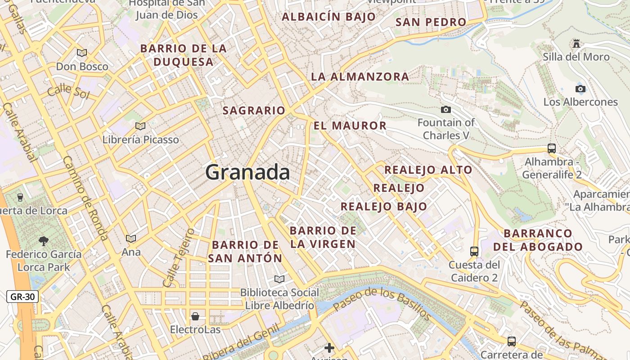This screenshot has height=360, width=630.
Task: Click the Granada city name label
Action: [247, 172]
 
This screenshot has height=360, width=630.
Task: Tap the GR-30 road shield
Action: [22, 297]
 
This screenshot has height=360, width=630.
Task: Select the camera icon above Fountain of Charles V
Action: [446, 109]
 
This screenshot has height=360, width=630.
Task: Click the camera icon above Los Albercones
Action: [580, 89]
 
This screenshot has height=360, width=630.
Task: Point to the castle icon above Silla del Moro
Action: [576, 44]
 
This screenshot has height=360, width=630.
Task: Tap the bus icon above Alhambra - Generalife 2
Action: [552, 148]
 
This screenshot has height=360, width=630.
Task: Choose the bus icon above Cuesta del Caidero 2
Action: [474, 251]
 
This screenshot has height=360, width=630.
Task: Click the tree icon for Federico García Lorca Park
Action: [44, 241]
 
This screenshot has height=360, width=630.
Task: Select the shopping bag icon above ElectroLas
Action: [195, 316]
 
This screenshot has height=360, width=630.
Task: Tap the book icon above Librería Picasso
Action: [140, 126]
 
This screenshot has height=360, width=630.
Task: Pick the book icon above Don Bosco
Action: [82, 53]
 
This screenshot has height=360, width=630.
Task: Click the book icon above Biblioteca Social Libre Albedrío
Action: [279, 279]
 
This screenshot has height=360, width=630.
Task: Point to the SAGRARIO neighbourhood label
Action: [254, 110]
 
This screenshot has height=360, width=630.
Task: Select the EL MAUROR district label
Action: [350, 126]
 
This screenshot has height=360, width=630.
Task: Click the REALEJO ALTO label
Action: [428, 170]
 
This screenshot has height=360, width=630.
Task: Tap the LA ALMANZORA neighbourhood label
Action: [360, 76]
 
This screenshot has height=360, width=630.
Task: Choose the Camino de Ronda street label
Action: [85, 198]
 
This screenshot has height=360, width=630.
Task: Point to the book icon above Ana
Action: [131, 238]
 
